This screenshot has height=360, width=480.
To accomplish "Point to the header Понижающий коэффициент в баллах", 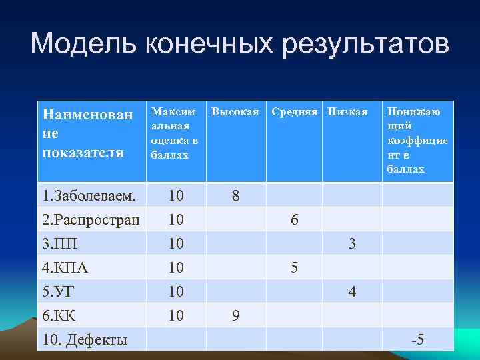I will click(x=417, y=141).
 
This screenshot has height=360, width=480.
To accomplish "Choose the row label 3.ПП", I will click(x=60, y=244).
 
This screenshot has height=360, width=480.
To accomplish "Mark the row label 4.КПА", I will click(x=65, y=268).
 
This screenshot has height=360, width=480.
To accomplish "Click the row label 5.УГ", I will click(x=60, y=292).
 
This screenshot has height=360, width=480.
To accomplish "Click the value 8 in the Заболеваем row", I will click(x=235, y=196).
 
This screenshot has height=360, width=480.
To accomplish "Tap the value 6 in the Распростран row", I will click(x=294, y=220).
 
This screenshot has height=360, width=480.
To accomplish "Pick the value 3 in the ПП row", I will click(x=352, y=244).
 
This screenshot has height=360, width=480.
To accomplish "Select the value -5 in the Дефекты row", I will click(x=417, y=341).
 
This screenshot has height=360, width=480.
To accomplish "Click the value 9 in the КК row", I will click(x=235, y=316).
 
